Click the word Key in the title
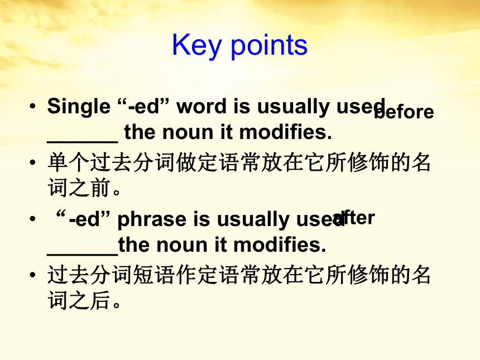point(196,46)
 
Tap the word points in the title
point(269,46)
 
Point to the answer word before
point(404,112)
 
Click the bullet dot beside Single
point(33,107)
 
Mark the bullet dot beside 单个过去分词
point(33,162)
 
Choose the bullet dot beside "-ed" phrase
point(33,219)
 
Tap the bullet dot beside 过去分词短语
point(33,275)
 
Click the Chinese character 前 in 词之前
point(100,187)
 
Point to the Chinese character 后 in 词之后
point(100,300)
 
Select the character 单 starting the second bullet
point(58,162)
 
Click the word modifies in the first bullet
point(285,132)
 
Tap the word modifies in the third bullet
point(280,245)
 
